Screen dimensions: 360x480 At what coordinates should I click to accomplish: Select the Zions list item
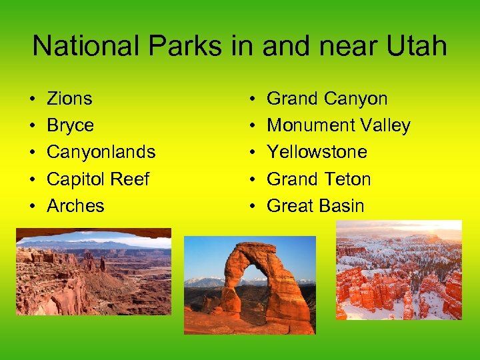pyautogui.click(x=69, y=99)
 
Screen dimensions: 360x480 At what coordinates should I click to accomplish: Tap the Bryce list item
pyautogui.click(x=70, y=125)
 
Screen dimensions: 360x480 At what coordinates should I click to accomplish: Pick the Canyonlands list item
pyautogui.click(x=101, y=152)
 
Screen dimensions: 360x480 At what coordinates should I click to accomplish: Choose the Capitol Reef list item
pyautogui.click(x=98, y=179)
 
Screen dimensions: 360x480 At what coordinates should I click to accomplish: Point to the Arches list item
pyautogui.click(x=75, y=205)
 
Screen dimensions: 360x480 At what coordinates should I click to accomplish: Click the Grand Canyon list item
pyautogui.click(x=327, y=99)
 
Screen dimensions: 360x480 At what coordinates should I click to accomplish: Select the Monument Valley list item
pyautogui.click(x=338, y=125)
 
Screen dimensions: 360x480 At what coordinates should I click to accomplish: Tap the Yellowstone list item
pyautogui.click(x=317, y=152)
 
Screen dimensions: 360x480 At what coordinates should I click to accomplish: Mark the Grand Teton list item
pyautogui.click(x=319, y=179)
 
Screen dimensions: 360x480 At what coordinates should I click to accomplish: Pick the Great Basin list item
pyautogui.click(x=315, y=205)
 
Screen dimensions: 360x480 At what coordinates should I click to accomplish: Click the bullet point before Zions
pyautogui.click(x=33, y=99)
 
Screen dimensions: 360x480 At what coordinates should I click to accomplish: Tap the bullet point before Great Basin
pyautogui.click(x=253, y=206)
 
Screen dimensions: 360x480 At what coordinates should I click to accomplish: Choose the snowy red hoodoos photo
pyautogui.click(x=399, y=270)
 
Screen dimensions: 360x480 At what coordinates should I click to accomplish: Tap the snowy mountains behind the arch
pyautogui.click(x=204, y=282)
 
